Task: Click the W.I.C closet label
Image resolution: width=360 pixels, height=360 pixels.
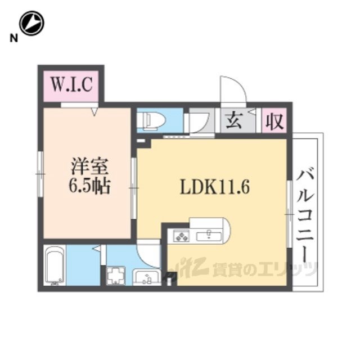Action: (x=71, y=84)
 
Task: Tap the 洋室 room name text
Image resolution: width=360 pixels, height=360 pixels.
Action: (x=89, y=166)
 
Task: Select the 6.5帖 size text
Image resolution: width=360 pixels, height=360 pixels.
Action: (x=89, y=186)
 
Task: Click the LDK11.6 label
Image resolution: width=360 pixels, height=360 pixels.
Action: (x=215, y=187)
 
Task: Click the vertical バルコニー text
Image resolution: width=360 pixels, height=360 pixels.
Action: (x=305, y=216)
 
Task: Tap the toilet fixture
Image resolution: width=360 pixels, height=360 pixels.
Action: (x=151, y=120)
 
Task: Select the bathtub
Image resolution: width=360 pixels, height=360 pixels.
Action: (x=55, y=265)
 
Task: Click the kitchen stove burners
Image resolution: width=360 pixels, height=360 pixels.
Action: (x=181, y=236)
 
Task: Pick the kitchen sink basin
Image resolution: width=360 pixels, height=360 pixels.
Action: (x=209, y=236)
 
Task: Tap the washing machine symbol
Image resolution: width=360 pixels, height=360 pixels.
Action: (x=116, y=275)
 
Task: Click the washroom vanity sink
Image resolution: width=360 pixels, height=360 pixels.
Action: (x=146, y=277)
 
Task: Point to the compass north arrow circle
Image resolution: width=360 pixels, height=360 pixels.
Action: (x=31, y=23)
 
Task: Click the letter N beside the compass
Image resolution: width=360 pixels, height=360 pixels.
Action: (x=13, y=38)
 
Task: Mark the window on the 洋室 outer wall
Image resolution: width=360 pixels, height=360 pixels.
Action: (x=40, y=174)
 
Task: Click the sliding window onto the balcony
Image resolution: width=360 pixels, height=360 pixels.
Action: (x=290, y=214)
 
